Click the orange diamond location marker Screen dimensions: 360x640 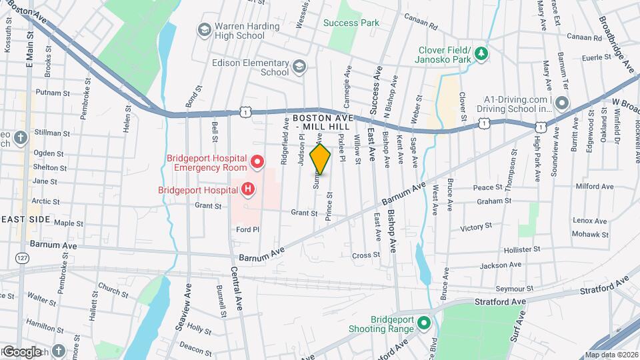320,158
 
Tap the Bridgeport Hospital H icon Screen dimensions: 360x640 248,190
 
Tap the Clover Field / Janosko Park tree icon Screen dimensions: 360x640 481,53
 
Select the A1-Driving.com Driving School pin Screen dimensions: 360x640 561,103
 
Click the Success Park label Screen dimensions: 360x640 351,23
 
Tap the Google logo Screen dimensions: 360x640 21,351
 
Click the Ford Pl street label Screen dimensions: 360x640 247,229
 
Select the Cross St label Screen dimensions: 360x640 366,255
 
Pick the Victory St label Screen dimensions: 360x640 475,227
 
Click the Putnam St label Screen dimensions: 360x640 52,92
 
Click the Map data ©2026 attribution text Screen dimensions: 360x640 611,355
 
